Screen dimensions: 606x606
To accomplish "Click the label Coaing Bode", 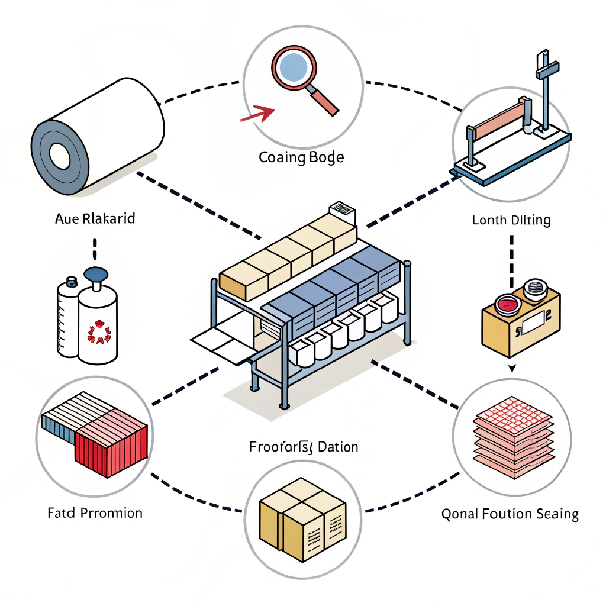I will [x=301, y=158].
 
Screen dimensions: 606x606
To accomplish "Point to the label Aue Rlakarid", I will [x=95, y=218].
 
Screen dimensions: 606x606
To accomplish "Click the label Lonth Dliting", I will [x=511, y=221].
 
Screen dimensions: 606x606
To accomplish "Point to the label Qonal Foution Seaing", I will [x=510, y=514].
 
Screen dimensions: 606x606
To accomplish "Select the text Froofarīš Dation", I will [x=304, y=446].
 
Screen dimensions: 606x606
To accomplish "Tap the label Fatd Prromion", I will [x=95, y=512].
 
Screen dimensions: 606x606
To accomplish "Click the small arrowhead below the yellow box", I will [x=512, y=369].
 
